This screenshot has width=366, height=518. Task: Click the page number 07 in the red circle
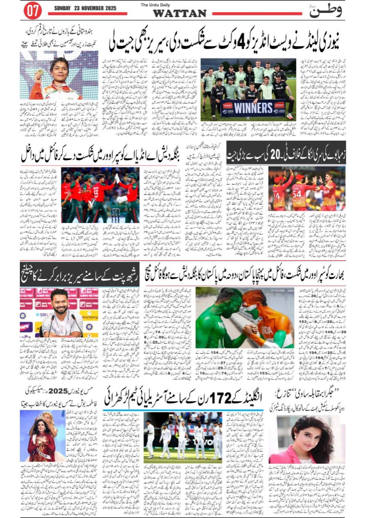(x=32, y=10)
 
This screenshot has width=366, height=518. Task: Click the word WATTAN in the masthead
(x=180, y=13)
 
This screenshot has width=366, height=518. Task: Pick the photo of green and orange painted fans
(x=245, y=317)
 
